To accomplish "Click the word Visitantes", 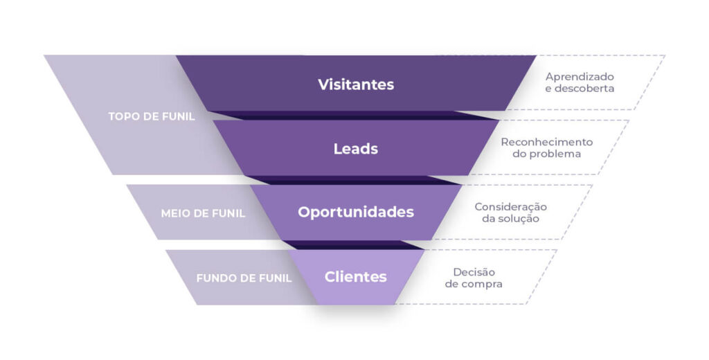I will point(356,84).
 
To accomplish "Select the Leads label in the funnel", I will point(356,149).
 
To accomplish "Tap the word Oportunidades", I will point(356,212).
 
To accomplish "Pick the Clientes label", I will point(356,277).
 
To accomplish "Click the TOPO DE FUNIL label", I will point(152,116).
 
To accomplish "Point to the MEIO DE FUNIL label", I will point(203,213).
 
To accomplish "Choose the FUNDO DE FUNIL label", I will point(244,278).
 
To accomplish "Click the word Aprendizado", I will point(580,77).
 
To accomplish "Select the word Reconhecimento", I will point(547,142).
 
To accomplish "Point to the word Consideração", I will point(510,207).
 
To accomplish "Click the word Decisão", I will point(474,272).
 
